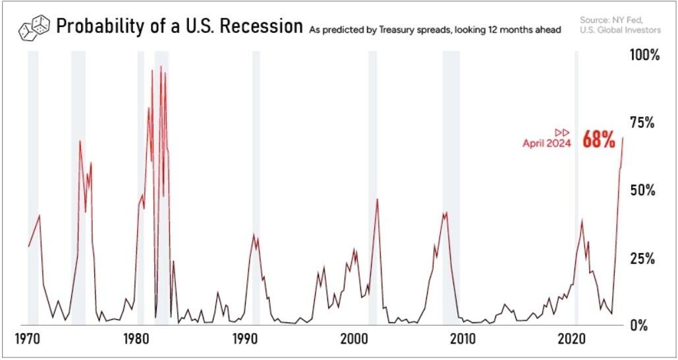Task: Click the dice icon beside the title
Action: (x=34, y=28)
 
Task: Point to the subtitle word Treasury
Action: (x=402, y=30)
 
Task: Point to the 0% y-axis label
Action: (x=648, y=325)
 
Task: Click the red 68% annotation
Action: (x=598, y=140)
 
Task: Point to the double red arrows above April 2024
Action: (x=562, y=132)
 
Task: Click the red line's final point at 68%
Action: (x=623, y=137)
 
